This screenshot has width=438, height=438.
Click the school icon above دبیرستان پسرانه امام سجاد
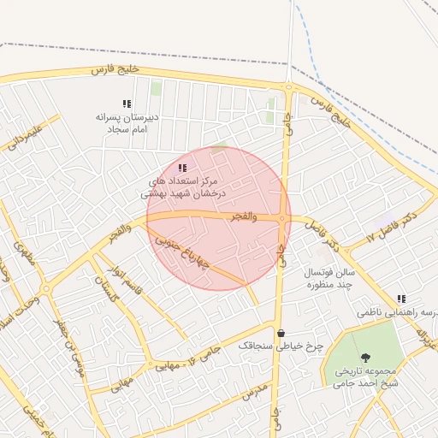(x=127, y=104)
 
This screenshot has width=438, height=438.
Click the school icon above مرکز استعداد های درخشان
(x=181, y=168)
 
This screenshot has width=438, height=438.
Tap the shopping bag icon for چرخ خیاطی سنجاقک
(x=281, y=333)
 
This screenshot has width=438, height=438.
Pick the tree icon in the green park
(x=366, y=357)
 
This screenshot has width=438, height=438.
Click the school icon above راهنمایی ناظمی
(x=401, y=299)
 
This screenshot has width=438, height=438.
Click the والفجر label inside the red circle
(x=244, y=217)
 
